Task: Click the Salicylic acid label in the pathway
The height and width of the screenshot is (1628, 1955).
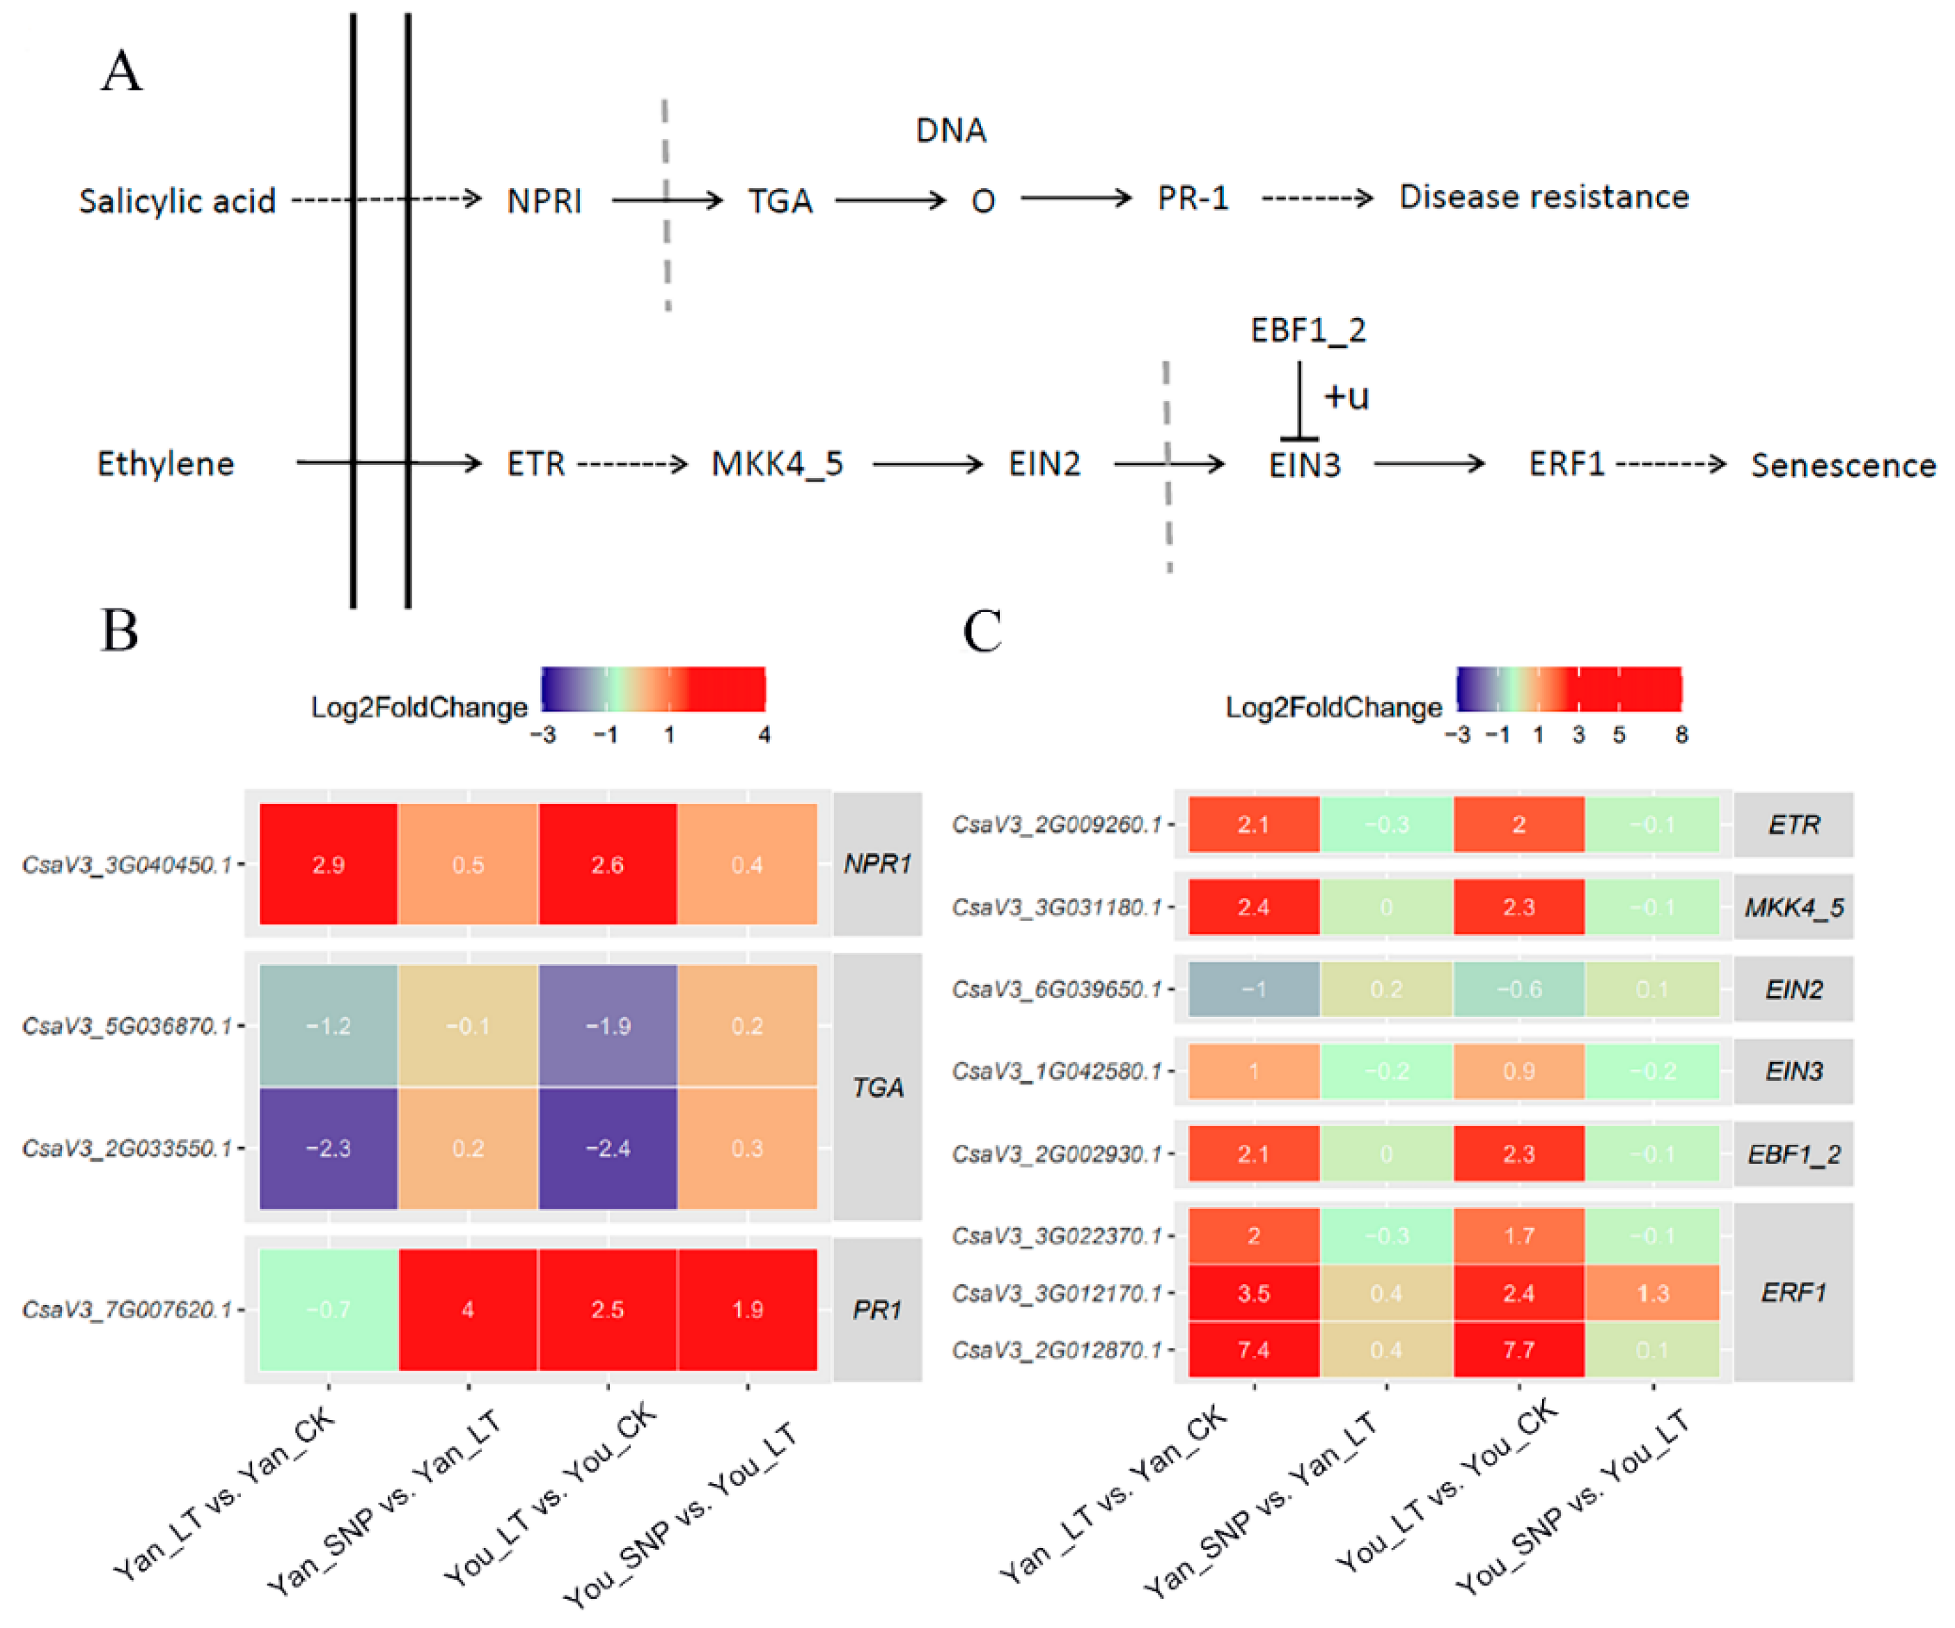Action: point(177,201)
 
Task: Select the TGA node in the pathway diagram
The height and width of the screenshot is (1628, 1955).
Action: point(780,201)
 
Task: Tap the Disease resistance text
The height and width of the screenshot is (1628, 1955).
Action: point(1544,198)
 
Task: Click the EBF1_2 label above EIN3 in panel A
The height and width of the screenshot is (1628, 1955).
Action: point(1308,331)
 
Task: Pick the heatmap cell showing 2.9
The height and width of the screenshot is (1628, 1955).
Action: point(329,864)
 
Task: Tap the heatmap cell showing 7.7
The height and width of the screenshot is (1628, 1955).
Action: point(1518,1350)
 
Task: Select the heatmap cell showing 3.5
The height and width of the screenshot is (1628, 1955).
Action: point(1254,1293)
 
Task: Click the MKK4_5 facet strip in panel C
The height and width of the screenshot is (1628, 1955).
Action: point(1793,908)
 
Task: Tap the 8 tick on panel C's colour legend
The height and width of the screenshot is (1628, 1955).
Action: point(1681,734)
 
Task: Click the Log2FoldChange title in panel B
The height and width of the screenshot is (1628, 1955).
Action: point(419,707)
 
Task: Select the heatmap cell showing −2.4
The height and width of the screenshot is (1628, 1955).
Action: point(608,1148)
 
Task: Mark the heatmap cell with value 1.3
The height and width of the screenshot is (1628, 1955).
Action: point(1652,1293)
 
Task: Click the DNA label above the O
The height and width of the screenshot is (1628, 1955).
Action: point(950,130)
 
